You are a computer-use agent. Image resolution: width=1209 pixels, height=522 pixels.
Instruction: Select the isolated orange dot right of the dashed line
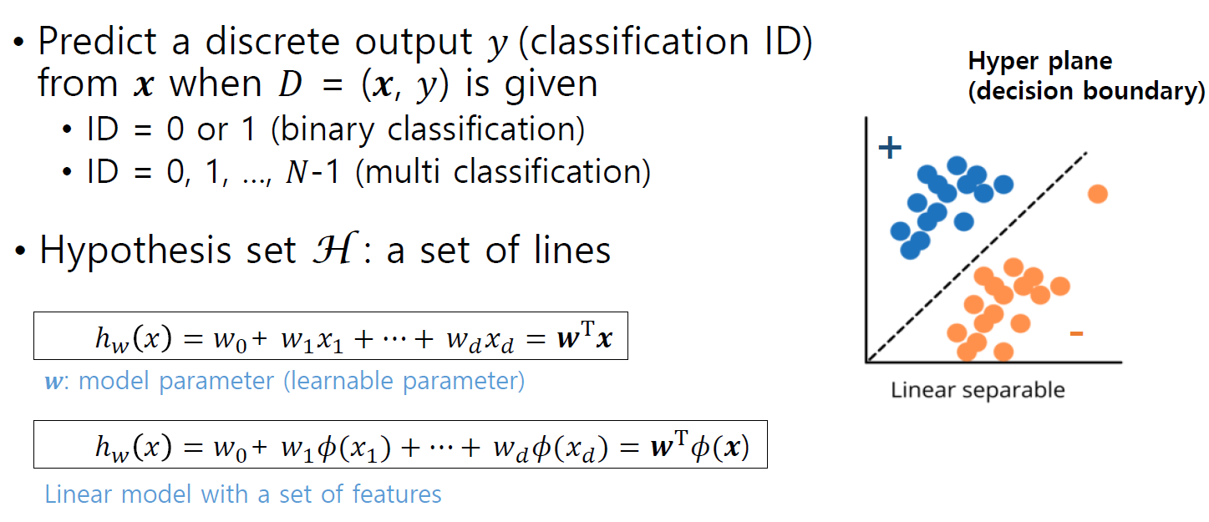click(x=1097, y=194)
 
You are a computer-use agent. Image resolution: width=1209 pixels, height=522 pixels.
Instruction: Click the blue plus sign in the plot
click(x=891, y=149)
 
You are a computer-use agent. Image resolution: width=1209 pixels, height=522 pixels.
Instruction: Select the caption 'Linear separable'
click(x=978, y=390)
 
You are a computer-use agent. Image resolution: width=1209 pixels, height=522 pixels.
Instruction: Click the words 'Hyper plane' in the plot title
click(x=1039, y=62)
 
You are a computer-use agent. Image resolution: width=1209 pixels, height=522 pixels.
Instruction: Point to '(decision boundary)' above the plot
click(x=1086, y=90)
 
